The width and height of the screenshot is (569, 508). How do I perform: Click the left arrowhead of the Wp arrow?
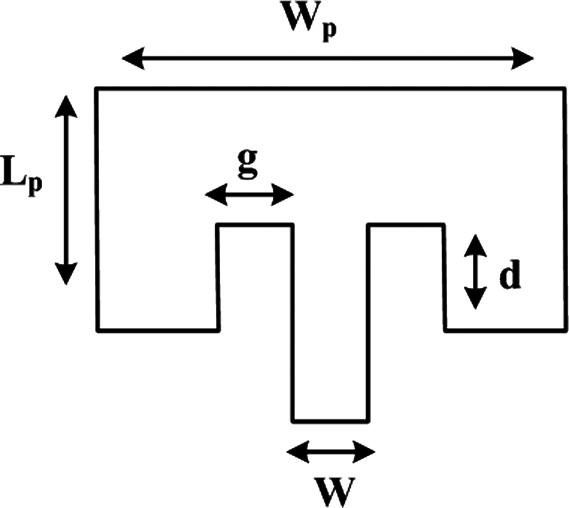tap(132, 58)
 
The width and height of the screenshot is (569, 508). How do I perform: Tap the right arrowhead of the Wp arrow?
tap(523, 58)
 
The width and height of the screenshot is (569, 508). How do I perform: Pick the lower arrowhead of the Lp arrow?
tap(65, 274)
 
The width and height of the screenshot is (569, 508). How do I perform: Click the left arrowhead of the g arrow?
tap(215, 195)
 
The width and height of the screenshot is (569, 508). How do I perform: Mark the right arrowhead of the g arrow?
tap(284, 195)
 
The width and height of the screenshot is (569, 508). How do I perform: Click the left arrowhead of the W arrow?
tap(297, 452)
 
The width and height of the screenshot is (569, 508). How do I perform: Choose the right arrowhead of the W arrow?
tap(365, 452)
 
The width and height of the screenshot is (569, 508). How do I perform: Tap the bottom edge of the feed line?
tap(330, 421)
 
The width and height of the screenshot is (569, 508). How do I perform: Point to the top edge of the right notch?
tap(406, 225)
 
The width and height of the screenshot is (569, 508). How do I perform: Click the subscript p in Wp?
tap(329, 32)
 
